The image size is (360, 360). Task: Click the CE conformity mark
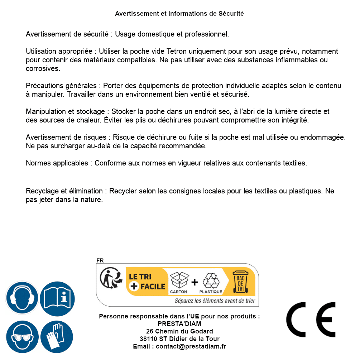311,320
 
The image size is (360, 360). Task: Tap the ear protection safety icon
22,298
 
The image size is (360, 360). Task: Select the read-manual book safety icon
57,298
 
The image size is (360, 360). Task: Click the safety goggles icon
22,337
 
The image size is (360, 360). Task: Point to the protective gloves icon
57,337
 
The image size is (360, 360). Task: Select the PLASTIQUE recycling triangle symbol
210,280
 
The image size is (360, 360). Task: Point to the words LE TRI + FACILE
147,282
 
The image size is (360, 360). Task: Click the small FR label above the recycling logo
100,260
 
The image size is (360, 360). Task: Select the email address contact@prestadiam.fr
191,346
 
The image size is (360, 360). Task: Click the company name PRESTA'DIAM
179,324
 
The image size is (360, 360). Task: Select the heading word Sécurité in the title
231,14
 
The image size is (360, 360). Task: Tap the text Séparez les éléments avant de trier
215,301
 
